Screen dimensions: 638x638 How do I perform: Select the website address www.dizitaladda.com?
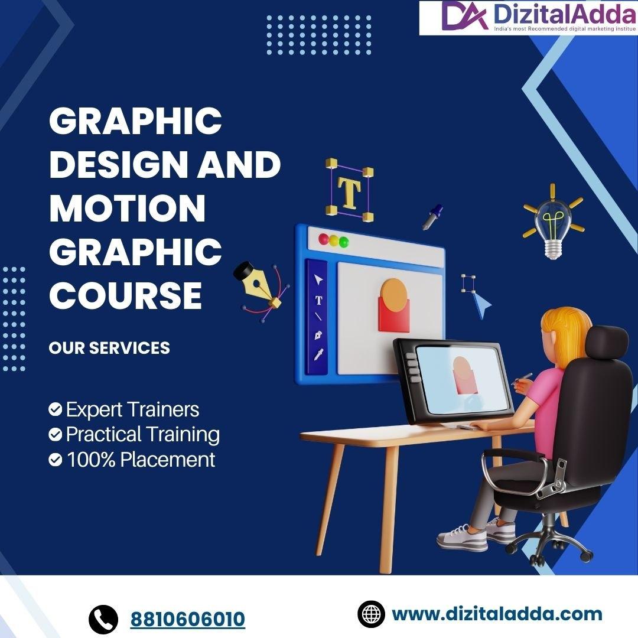pos(496,614)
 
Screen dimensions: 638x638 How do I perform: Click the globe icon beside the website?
pos(372,614)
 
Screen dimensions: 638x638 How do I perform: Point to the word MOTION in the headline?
pos(127,208)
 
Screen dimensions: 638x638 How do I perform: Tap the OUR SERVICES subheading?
pos(109,348)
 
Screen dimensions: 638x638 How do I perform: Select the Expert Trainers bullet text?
pos(132,409)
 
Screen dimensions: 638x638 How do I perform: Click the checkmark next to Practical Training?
pos(56,435)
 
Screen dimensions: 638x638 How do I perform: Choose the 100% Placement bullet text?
pos(141,460)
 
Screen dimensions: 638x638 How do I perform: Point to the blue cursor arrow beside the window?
pos(482,305)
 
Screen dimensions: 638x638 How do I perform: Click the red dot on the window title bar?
pos(323,240)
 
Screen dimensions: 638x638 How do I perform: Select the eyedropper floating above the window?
pos(432,217)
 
